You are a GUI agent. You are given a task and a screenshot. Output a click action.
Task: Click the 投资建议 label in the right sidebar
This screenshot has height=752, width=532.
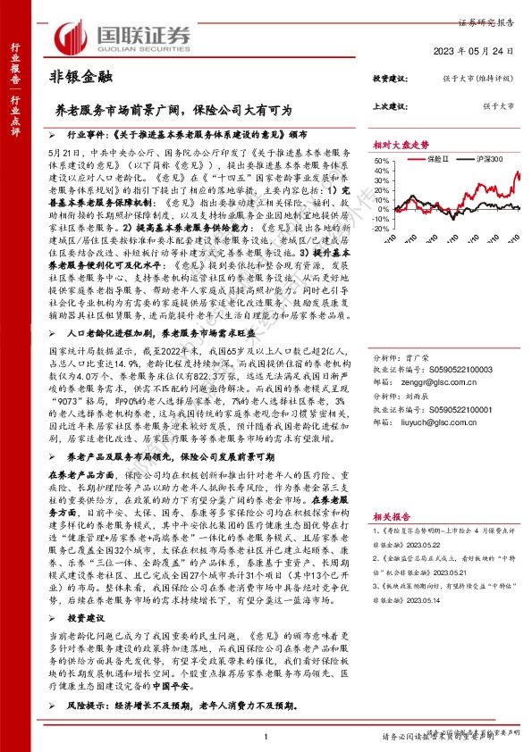[x=390, y=80]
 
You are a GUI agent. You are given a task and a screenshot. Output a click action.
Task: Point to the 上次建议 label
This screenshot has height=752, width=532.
[x=390, y=105]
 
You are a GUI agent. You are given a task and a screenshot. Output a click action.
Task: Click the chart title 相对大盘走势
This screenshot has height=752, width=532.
[x=401, y=145]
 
